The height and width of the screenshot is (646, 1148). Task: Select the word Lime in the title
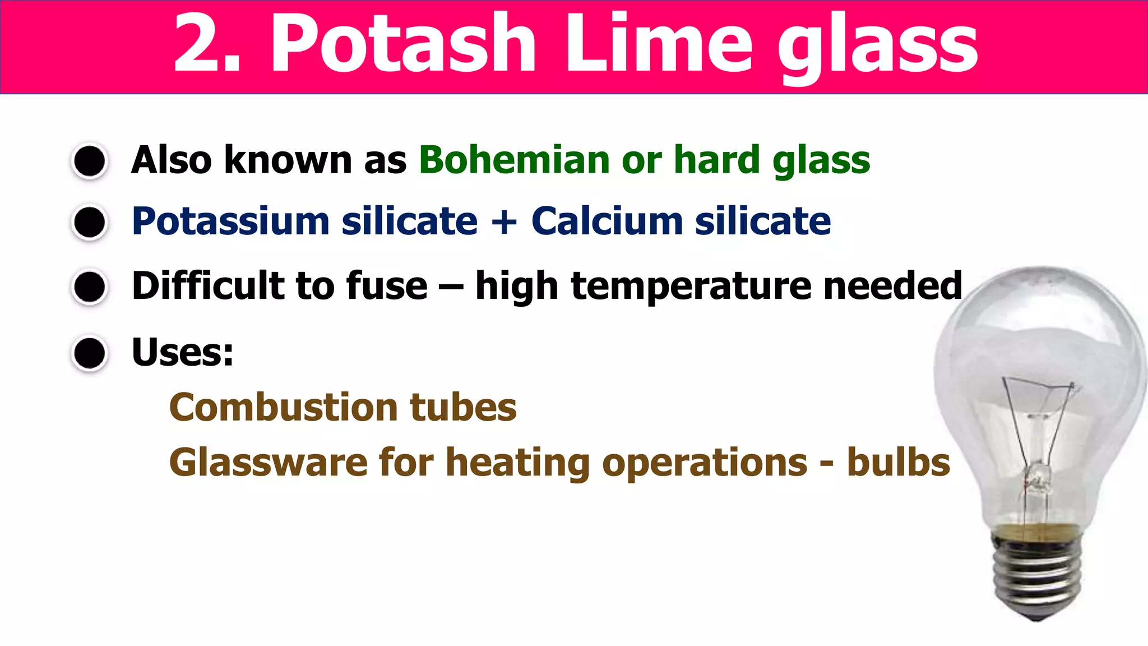659,45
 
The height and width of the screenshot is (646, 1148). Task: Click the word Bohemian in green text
513,160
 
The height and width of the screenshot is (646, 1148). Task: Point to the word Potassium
230,222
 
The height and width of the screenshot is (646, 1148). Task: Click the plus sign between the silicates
504,222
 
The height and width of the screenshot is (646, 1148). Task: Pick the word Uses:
182,352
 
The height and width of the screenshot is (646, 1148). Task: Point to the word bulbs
898,463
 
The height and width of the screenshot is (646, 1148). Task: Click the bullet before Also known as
90,161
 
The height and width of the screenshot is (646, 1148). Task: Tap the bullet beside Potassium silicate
90,223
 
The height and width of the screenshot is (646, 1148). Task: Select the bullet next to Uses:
90,353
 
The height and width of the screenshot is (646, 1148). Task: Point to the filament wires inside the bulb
1037,426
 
